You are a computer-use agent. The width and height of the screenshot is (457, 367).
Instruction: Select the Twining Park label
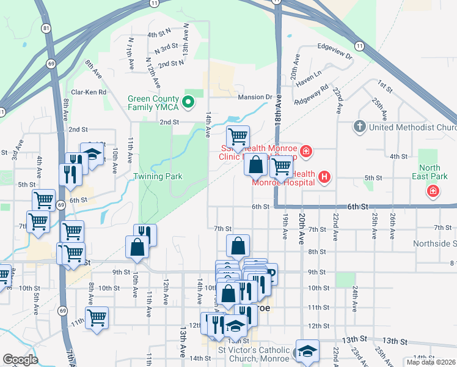click(158, 176)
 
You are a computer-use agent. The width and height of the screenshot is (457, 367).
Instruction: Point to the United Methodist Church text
click(412, 127)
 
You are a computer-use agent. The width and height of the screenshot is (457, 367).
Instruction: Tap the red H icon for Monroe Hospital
click(324, 177)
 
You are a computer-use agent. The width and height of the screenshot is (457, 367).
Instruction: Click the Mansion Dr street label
click(254, 97)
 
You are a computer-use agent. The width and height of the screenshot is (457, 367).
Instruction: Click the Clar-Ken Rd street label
click(89, 92)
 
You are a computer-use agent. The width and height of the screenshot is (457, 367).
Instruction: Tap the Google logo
click(20, 360)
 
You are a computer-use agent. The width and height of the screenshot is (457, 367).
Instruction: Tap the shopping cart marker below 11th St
click(97, 317)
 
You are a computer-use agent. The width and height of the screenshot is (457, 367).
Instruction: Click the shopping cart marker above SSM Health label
click(238, 136)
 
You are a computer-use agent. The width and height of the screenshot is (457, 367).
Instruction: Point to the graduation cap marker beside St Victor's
click(307, 350)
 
